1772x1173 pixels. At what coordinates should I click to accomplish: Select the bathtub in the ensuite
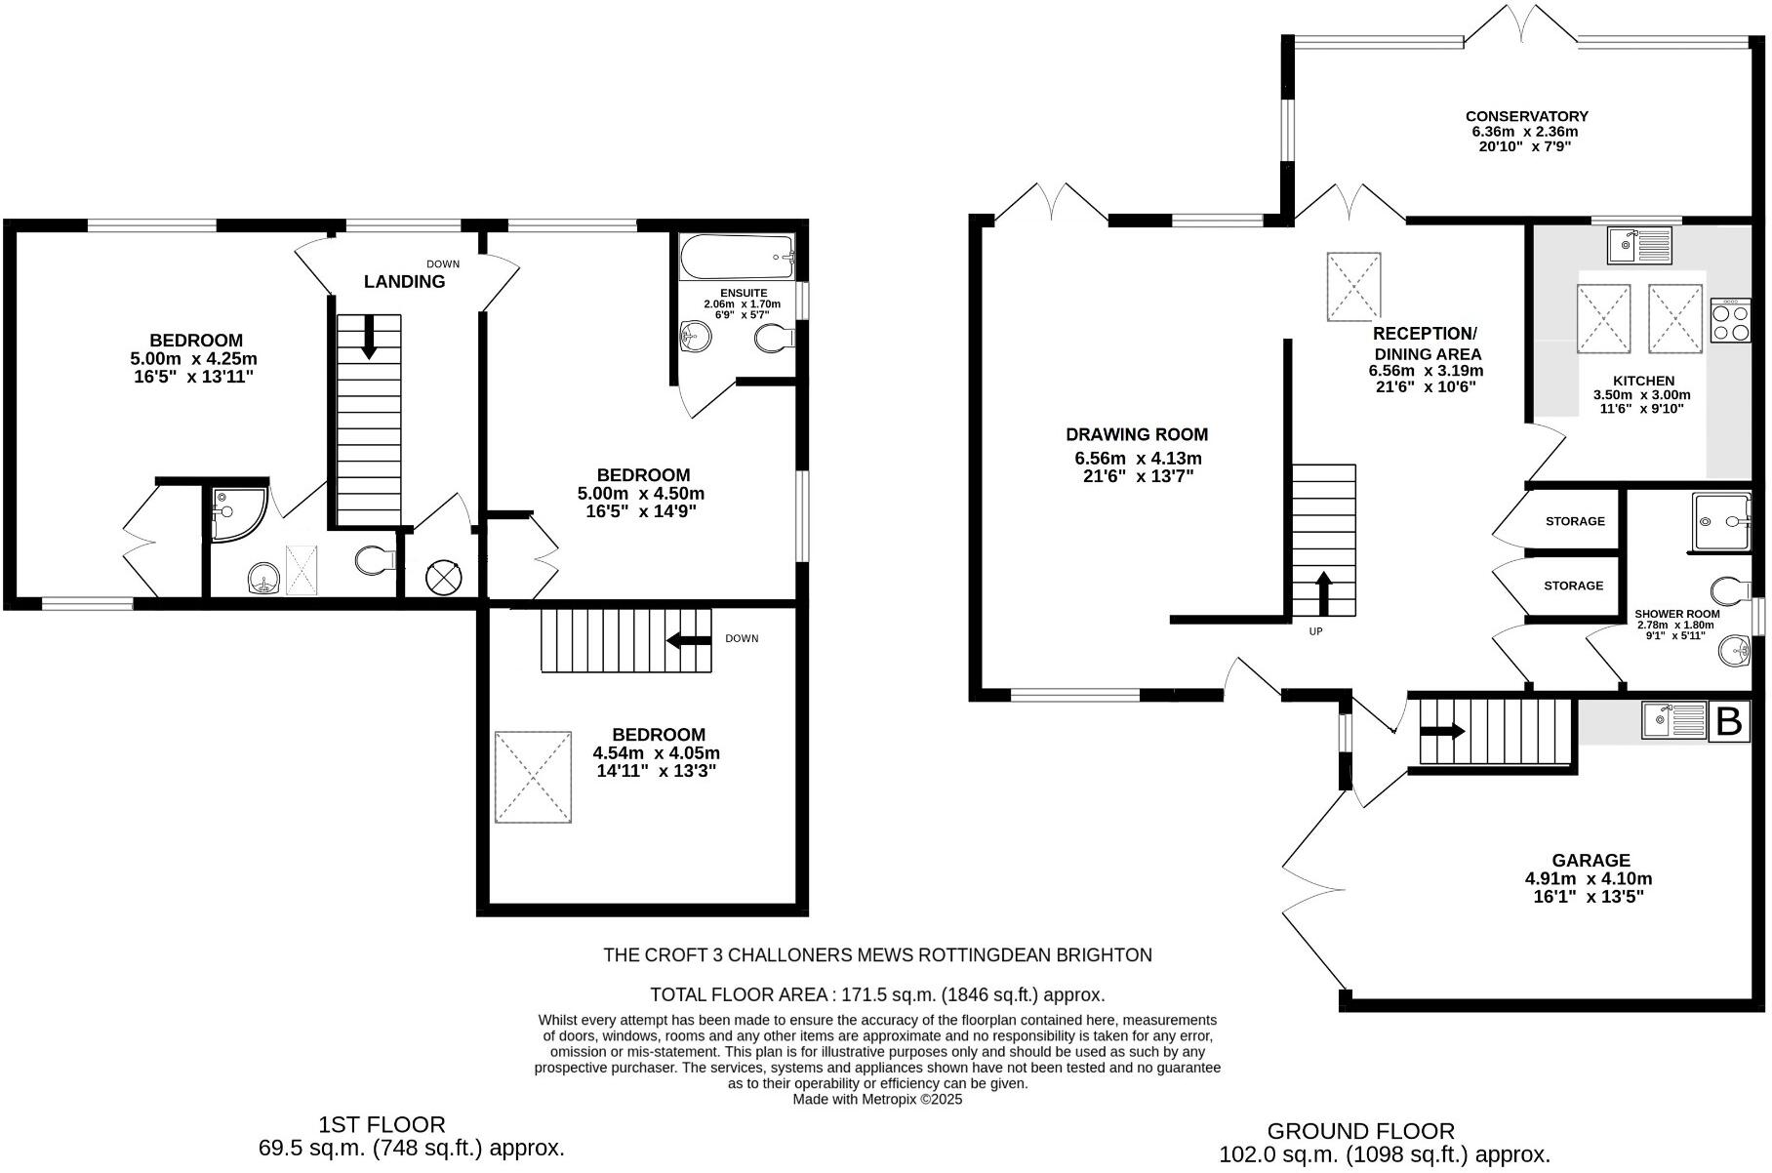[x=737, y=257]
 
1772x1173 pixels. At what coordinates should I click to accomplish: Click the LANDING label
[x=404, y=282]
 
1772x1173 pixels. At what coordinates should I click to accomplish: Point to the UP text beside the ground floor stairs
[x=1315, y=631]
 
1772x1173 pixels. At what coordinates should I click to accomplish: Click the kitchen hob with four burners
[x=1730, y=321]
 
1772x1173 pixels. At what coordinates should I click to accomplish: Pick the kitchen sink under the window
[x=1639, y=245]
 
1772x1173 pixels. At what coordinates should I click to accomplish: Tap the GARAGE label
[x=1591, y=860]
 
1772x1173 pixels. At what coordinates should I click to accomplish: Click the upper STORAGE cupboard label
[x=1575, y=521]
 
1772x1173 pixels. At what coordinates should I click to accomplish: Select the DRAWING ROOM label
[x=1137, y=434]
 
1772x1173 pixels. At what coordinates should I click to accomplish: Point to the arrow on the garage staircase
[x=1443, y=731]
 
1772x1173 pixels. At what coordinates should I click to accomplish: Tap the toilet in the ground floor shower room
[x=1730, y=589]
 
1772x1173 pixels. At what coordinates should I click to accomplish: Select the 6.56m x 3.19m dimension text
[x=1426, y=371]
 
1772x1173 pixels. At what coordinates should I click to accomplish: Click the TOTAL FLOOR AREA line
[x=877, y=995]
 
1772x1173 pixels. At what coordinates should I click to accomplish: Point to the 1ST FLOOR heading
[x=382, y=1125]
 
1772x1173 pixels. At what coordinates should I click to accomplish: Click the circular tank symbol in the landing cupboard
[x=442, y=577]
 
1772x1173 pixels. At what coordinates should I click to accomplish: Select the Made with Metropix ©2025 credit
[x=877, y=1099]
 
